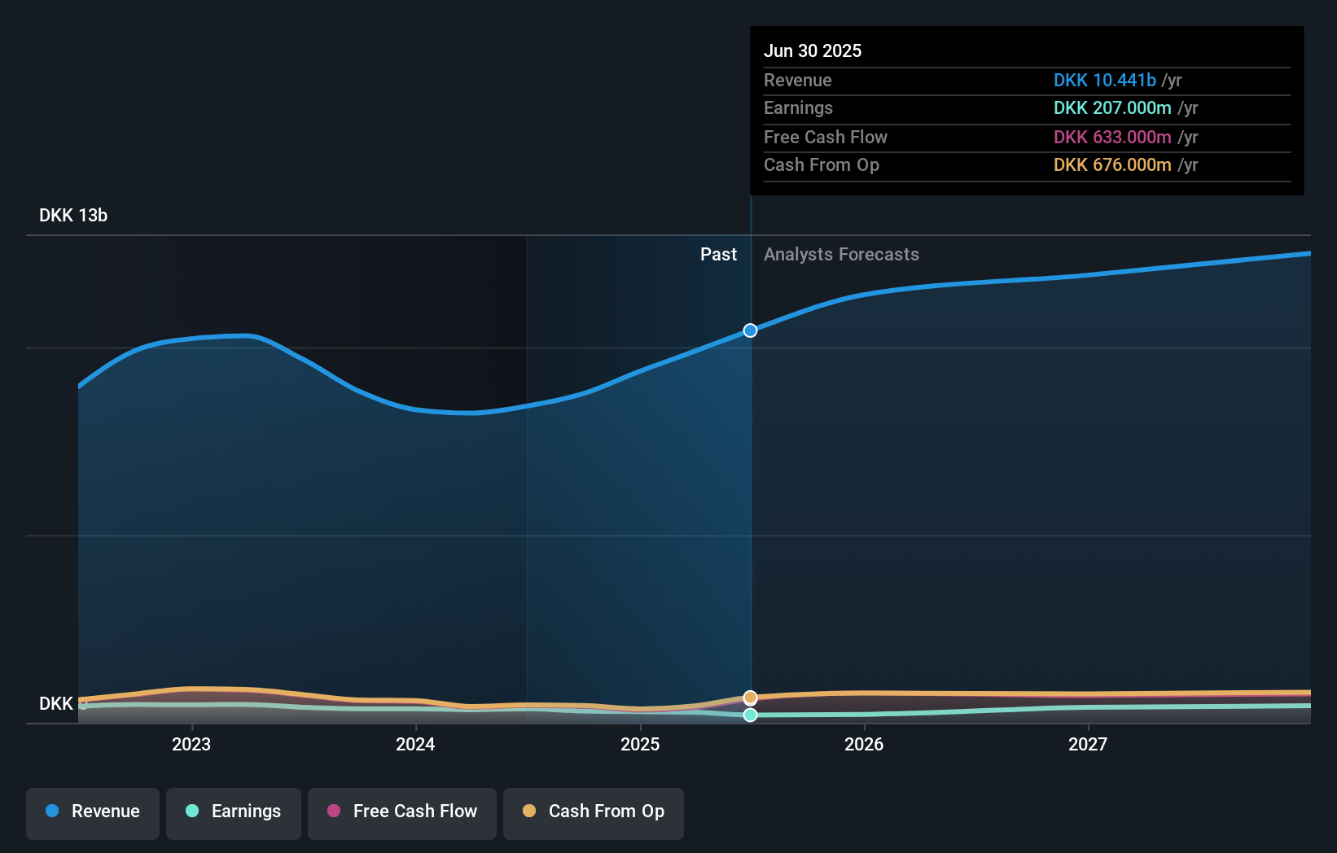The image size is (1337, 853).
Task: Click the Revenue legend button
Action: click(93, 811)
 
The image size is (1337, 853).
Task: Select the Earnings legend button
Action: click(234, 811)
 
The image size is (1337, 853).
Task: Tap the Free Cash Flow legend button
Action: click(402, 811)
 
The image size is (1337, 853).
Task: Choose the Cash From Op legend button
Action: click(594, 811)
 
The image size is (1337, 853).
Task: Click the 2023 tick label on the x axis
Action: click(191, 745)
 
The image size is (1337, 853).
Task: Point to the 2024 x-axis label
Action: click(415, 745)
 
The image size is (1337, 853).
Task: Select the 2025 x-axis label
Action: click(640, 745)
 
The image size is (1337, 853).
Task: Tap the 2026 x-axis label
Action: click(864, 745)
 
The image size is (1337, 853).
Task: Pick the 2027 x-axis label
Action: click(1088, 745)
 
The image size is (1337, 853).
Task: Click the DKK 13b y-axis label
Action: click(73, 216)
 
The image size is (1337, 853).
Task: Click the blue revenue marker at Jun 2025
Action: click(750, 330)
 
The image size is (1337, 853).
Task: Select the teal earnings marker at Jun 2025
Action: click(750, 715)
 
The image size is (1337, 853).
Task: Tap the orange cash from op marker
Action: click(750, 698)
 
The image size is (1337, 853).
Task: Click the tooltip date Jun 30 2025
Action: click(813, 51)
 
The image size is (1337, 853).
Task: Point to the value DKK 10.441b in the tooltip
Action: click(1104, 81)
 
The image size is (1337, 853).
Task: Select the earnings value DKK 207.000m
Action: click(1112, 108)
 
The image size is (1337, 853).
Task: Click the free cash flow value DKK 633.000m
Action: click(1112, 138)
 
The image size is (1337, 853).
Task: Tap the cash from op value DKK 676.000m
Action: click(1112, 165)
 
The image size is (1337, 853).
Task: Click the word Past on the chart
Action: click(718, 255)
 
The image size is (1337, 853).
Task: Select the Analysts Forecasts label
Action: click(841, 255)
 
